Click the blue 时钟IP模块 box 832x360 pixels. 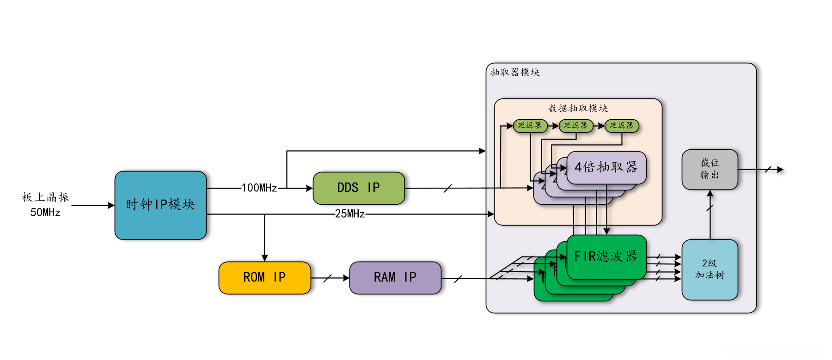160,205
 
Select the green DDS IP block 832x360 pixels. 359,188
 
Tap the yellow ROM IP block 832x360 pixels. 264,278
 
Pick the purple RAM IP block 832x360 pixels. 395,278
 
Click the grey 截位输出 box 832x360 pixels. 710,169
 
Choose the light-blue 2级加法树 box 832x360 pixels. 710,269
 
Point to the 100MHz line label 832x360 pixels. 259,188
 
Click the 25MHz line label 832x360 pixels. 350,214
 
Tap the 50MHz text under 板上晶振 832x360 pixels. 45,213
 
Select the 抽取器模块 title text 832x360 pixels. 515,72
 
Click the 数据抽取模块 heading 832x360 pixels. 578,108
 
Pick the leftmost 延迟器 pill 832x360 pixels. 530,126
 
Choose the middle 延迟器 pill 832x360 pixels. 576,126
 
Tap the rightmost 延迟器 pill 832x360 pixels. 622,126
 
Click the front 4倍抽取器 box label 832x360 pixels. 606,167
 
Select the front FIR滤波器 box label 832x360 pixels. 606,256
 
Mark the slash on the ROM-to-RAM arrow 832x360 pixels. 328,278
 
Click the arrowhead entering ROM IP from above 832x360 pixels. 264,258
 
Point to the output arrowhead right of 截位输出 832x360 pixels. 780,170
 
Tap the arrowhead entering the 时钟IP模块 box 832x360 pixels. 111,205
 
